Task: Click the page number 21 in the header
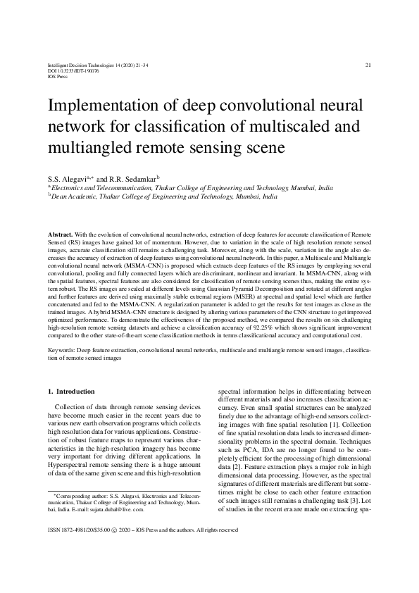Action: coord(368,65)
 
